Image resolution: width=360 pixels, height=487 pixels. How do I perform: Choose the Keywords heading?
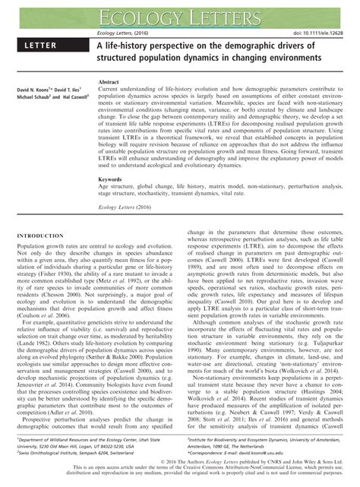click(112, 180)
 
